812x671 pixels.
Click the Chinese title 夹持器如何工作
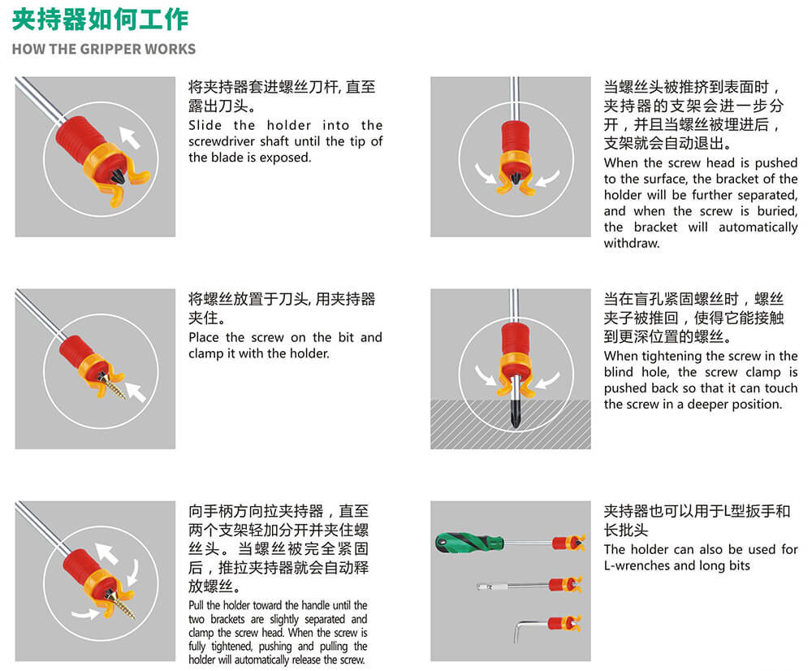[x=101, y=19]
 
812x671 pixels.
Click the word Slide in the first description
[x=205, y=125]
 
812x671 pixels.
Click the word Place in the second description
[x=204, y=338]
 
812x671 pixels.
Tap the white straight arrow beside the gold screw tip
[x=136, y=392]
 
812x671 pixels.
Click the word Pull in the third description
[x=196, y=605]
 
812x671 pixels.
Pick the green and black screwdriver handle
[x=469, y=543]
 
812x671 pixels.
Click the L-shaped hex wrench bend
[x=519, y=629]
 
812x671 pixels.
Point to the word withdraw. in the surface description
[x=632, y=243]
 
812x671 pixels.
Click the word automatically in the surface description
[x=758, y=227]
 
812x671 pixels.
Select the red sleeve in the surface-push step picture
[x=515, y=136]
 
